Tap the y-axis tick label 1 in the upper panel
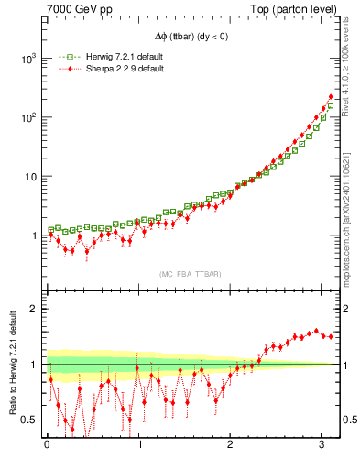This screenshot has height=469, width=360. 34,236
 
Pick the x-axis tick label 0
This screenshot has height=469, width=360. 47,446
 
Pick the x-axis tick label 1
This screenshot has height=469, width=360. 139,446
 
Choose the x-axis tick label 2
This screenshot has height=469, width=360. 231,446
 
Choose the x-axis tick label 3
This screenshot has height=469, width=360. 322,446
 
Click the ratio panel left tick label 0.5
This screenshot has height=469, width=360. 30,420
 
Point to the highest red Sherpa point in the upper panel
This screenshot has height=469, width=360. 331,97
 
